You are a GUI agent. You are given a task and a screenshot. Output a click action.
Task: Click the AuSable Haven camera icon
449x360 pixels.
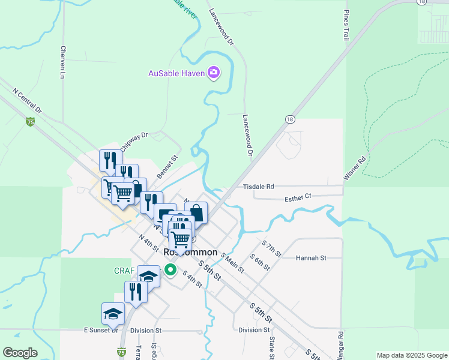213,73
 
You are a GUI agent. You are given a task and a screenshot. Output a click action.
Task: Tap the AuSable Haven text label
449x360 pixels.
176,74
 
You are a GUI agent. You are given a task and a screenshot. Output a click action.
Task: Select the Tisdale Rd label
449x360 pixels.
258,187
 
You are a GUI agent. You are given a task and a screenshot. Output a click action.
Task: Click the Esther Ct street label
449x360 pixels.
298,196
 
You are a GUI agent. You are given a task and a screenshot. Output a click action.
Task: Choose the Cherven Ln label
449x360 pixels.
62,63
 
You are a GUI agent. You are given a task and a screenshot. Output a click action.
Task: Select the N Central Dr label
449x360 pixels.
27,101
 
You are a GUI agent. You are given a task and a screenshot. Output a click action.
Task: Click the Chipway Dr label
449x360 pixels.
133,142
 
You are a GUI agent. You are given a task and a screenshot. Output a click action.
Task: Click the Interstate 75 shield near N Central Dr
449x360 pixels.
30,122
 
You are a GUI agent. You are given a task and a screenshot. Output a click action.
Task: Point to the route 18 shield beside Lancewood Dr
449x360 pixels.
290,119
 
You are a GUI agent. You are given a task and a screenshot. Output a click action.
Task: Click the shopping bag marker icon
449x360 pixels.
196,213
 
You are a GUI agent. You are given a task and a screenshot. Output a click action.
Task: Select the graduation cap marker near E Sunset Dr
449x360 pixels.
112,313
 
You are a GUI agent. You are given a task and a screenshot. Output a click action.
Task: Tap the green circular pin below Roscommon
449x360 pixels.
170,269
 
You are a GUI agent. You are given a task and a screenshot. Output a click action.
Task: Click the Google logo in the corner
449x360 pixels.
20,353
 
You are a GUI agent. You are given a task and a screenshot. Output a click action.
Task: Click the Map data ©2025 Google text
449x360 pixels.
411,355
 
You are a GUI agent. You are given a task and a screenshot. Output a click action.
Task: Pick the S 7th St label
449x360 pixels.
271,248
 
